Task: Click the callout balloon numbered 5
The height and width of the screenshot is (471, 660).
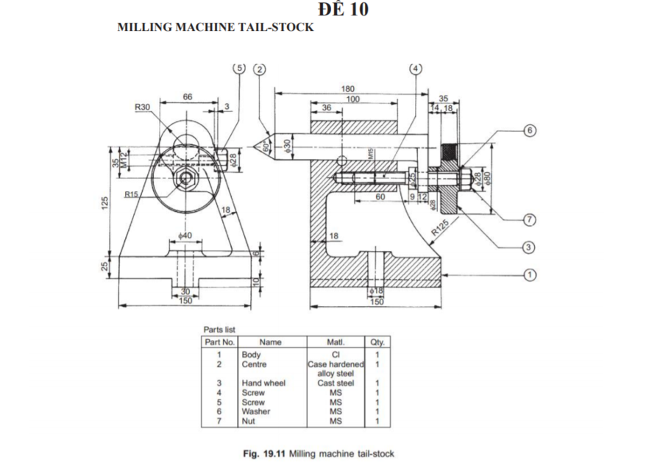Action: [238, 68]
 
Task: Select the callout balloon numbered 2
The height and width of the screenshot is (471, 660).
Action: [258, 68]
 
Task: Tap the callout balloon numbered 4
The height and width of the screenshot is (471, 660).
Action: [416, 68]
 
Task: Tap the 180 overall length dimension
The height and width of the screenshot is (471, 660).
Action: [349, 89]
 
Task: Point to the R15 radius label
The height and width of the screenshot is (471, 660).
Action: [132, 194]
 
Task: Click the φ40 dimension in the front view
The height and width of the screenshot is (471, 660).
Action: [187, 235]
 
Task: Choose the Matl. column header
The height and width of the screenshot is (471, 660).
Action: [336, 342]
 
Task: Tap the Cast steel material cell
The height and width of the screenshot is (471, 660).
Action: [336, 383]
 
